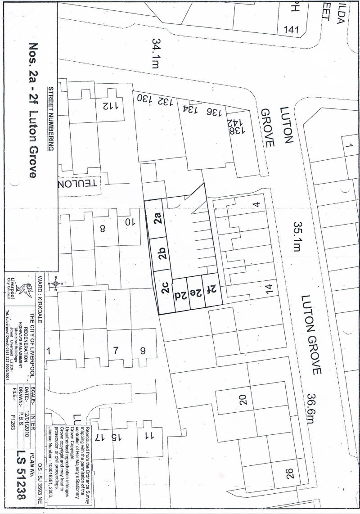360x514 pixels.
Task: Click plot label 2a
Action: [157, 221]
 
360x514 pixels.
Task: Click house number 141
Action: [291, 30]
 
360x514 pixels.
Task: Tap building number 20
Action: [243, 400]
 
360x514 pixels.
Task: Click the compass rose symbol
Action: [55, 284]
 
